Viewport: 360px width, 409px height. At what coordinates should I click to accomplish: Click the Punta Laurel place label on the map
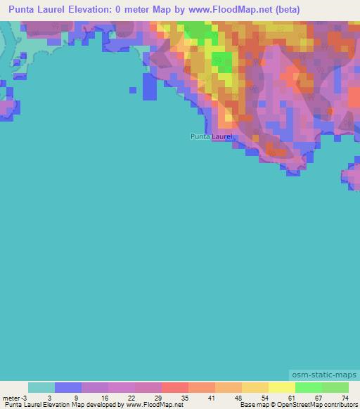pyautogui.click(x=210, y=136)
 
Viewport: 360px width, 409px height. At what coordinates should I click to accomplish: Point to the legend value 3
pyautogui.click(x=49, y=398)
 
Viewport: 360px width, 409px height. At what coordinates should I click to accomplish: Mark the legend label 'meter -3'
pyautogui.click(x=13, y=398)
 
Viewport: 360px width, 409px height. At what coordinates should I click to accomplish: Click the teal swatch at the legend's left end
pyautogui.click(x=41, y=387)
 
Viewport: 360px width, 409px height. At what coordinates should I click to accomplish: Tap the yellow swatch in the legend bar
pyautogui.click(x=281, y=387)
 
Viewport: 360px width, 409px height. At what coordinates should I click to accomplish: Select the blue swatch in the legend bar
pyautogui.click(x=68, y=387)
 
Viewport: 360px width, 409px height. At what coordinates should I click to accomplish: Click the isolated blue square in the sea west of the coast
pyautogui.click(x=134, y=89)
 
